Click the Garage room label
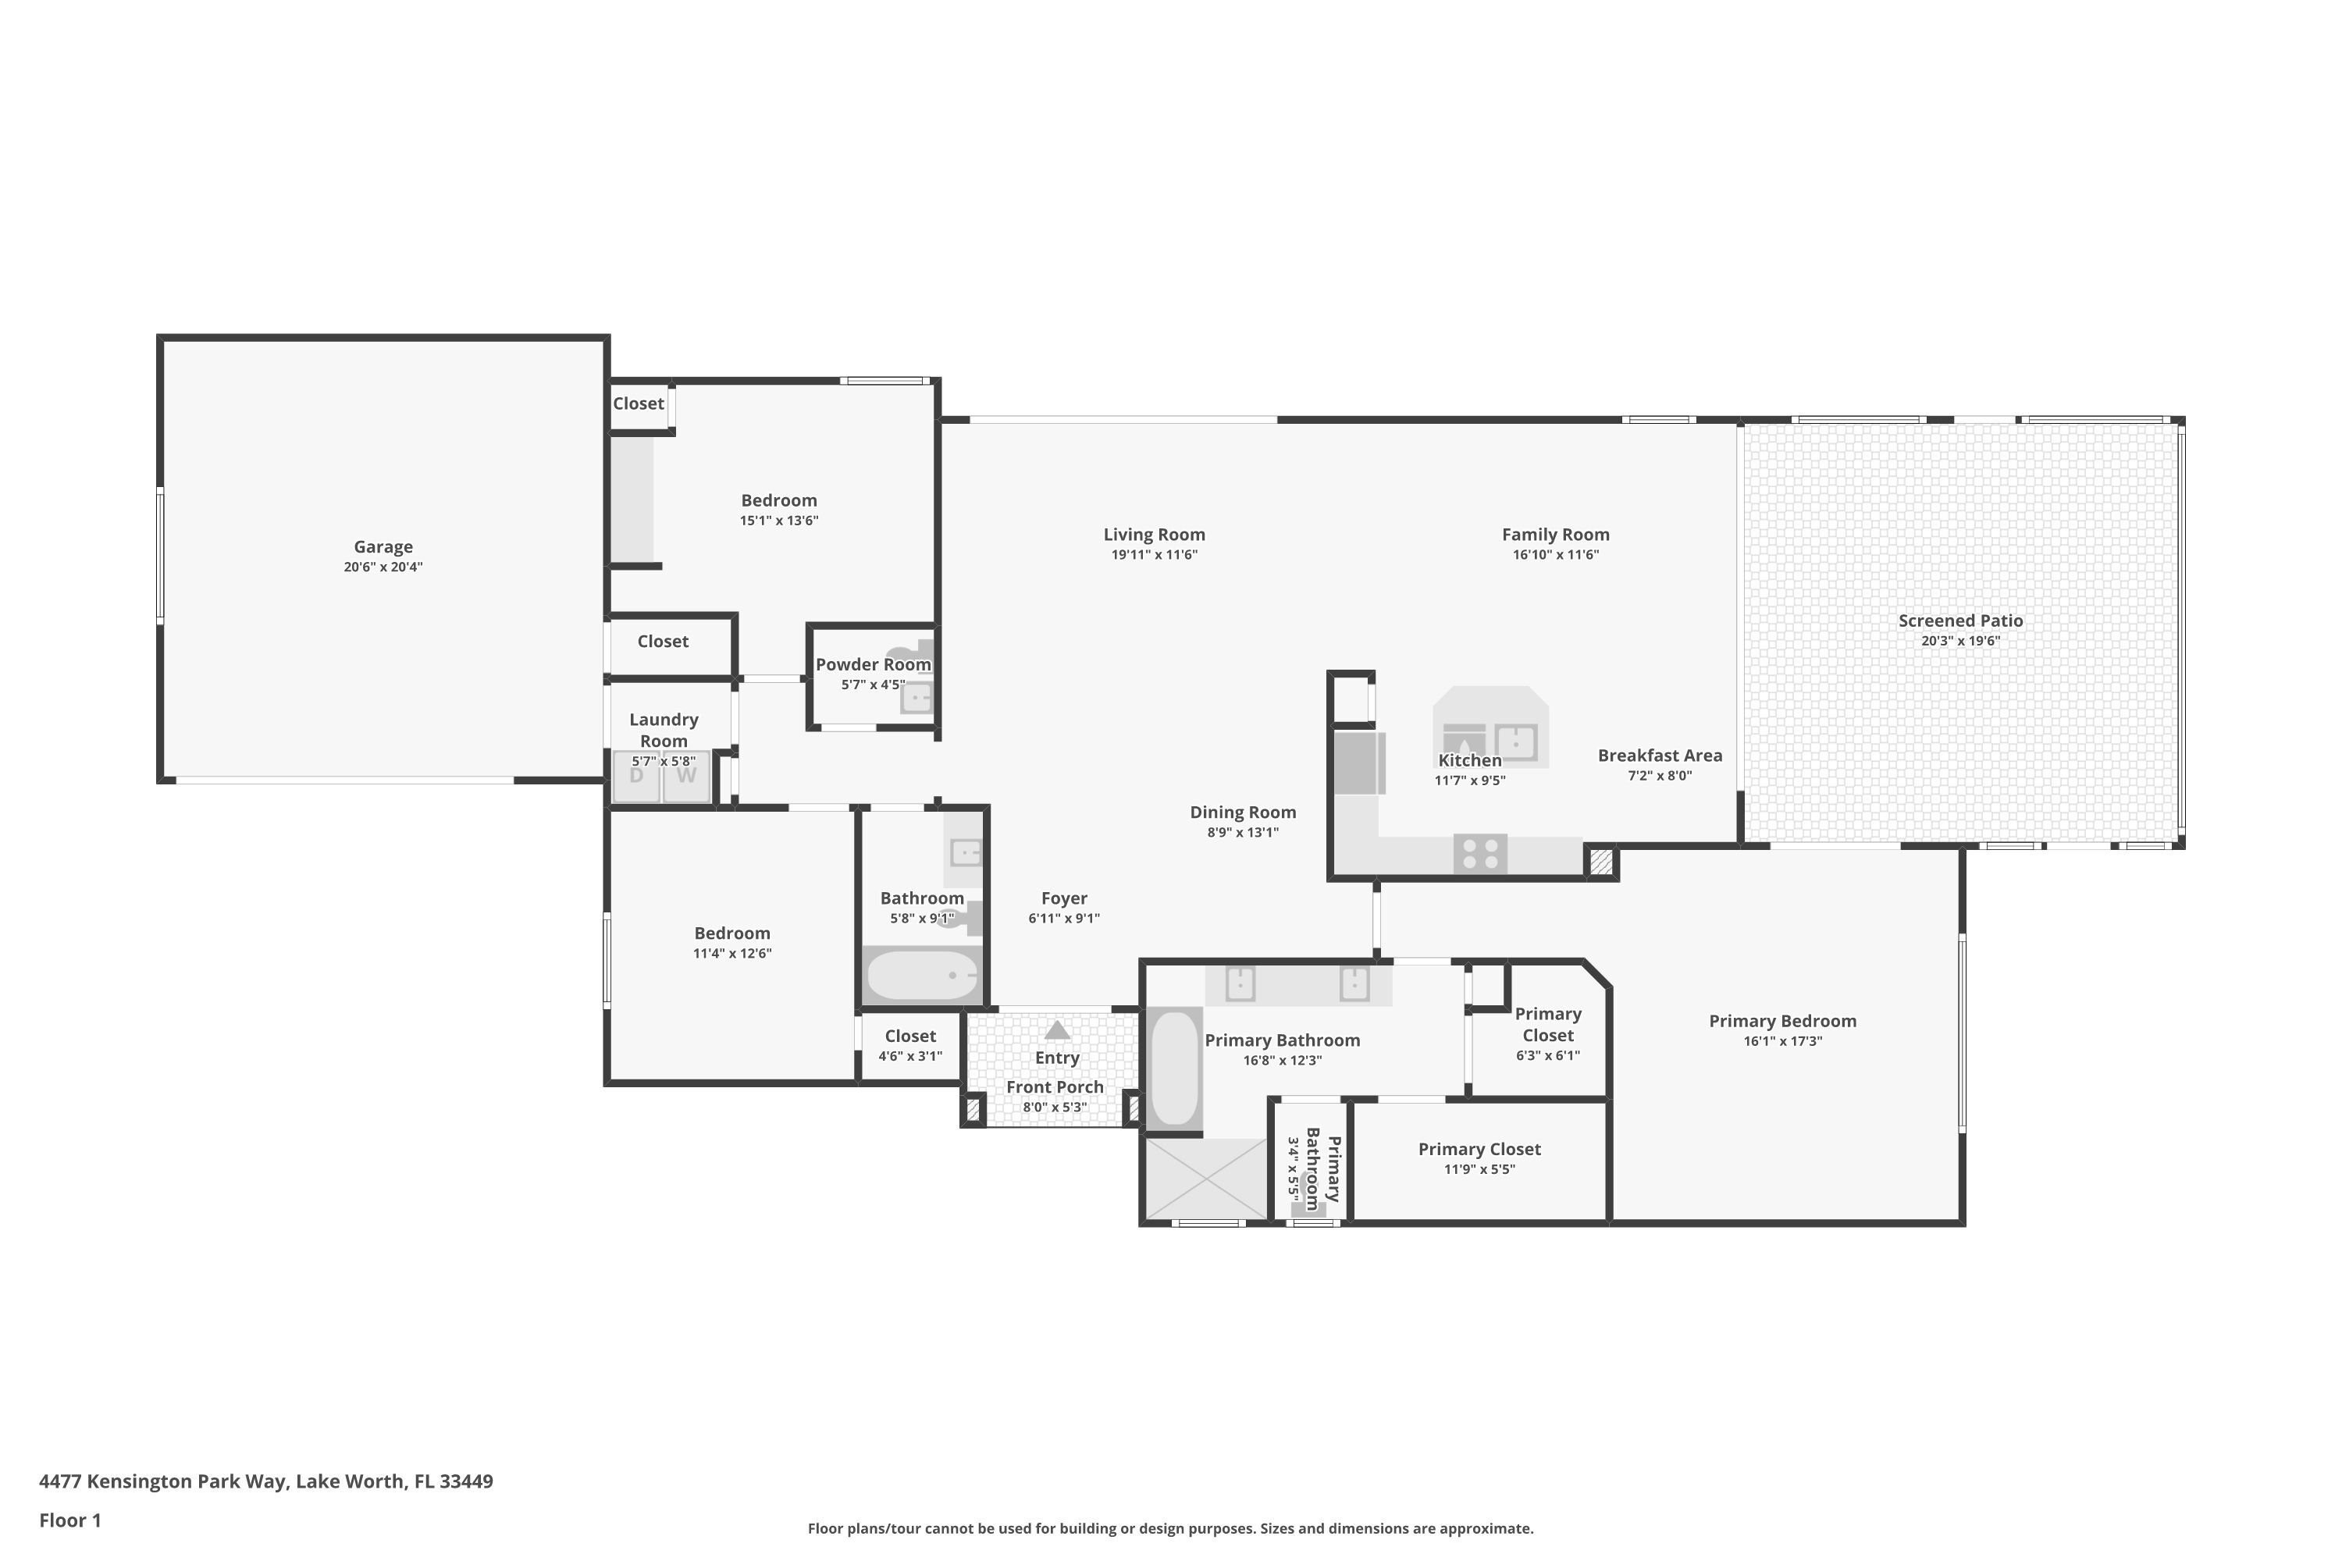click(x=383, y=546)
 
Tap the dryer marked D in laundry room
click(x=636, y=777)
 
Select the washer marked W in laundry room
click(x=687, y=777)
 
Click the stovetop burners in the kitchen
click(x=1479, y=854)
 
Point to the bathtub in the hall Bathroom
click(x=921, y=975)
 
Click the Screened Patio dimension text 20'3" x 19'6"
click(x=1959, y=641)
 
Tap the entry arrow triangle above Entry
click(x=1056, y=1030)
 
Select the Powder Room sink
click(x=916, y=698)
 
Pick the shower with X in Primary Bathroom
click(x=1206, y=1179)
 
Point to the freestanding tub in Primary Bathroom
click(x=1174, y=1069)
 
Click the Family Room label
click(x=1555, y=535)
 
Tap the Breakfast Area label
click(x=1660, y=756)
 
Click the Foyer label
click(x=1063, y=898)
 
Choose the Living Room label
click(x=1154, y=535)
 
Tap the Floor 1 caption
click(x=69, y=1520)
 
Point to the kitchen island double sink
click(x=1514, y=741)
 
